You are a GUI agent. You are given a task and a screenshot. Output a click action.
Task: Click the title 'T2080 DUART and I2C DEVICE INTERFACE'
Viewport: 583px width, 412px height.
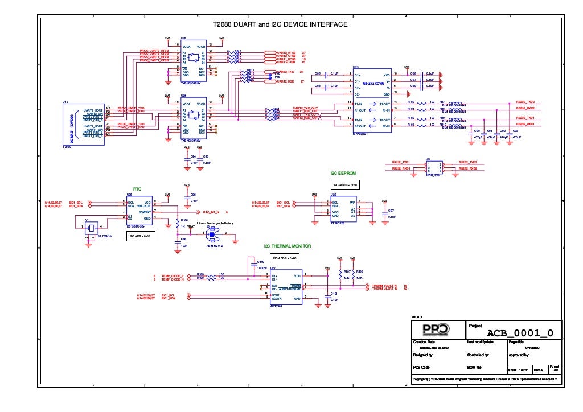pos(280,25)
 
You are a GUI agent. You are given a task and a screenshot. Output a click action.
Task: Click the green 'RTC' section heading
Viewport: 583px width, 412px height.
pos(137,188)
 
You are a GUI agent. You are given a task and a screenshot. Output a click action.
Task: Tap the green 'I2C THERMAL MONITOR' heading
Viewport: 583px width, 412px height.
pos(287,246)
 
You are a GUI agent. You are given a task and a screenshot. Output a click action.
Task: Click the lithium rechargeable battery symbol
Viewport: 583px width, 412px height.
pos(213,233)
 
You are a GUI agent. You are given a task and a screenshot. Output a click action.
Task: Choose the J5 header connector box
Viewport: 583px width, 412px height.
pos(435,166)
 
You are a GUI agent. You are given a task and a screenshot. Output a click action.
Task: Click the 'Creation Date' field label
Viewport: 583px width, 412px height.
pos(424,341)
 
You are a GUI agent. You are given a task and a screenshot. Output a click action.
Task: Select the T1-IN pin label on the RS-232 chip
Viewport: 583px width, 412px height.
pos(359,104)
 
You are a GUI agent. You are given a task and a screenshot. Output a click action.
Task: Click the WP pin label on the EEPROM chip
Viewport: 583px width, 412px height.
pos(352,202)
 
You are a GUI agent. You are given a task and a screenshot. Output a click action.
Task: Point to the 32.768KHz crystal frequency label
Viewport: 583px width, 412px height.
pos(105,235)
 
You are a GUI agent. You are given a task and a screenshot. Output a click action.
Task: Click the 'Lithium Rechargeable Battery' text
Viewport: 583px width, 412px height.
pos(215,223)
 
